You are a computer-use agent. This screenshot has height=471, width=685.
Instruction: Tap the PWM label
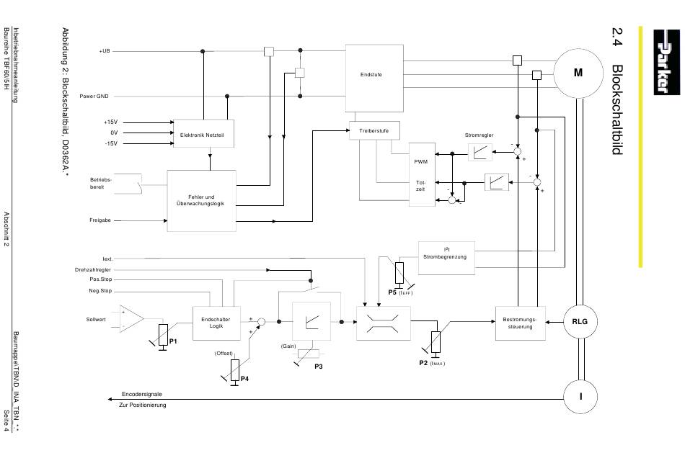pos(420,162)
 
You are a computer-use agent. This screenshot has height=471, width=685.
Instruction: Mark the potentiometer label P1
pos(174,341)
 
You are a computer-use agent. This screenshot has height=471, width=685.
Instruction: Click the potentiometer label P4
pos(244,379)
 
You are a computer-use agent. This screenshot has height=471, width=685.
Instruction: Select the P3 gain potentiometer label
pos(319,367)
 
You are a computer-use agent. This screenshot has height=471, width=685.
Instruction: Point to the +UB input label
pos(105,51)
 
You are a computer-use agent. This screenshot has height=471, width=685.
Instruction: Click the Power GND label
pos(94,96)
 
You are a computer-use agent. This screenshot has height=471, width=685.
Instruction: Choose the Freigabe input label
pos(100,220)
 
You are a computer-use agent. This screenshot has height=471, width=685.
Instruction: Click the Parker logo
pos(667,62)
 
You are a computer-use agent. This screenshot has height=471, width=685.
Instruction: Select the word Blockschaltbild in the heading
pos(617,109)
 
